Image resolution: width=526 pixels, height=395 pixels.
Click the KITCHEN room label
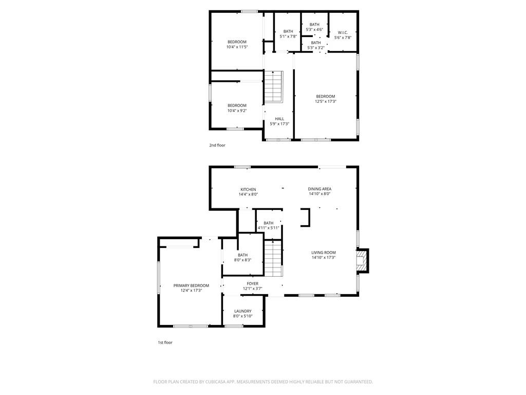click(248, 189)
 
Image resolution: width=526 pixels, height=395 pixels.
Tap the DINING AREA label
click(320, 189)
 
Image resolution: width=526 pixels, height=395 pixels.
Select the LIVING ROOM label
click(324, 253)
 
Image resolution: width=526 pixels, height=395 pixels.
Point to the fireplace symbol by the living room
click(362, 261)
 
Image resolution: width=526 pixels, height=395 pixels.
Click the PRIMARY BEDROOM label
click(191, 285)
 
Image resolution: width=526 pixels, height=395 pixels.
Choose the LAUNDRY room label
click(243, 311)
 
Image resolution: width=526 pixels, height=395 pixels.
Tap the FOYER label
click(253, 283)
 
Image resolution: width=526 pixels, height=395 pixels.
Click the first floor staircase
click(273, 258)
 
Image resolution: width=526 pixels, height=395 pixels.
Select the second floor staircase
click(274, 87)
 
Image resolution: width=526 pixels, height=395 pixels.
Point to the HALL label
click(279, 119)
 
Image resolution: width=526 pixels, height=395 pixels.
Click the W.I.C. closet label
click(343, 32)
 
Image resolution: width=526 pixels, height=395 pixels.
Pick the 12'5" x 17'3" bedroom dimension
click(325, 101)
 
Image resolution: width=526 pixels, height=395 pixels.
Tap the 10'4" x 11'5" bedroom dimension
click(237, 47)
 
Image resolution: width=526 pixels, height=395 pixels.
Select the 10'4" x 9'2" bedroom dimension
click(237, 111)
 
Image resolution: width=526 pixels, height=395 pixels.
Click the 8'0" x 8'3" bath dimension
click(242, 260)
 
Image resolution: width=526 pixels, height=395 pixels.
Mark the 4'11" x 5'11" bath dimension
click(268, 228)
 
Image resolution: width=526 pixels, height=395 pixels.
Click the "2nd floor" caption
click(217, 145)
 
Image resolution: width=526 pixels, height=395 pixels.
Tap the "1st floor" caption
click(165, 342)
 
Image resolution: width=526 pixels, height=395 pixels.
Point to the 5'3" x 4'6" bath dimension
click(314, 29)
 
